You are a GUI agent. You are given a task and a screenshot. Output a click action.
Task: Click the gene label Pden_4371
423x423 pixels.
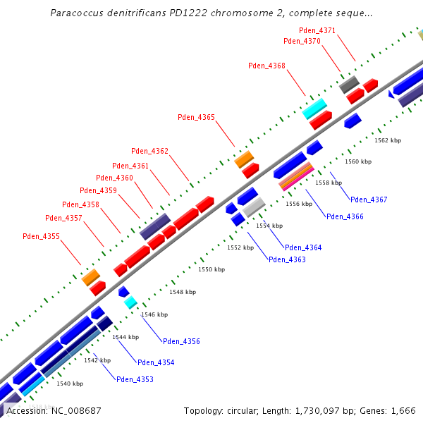pos(317,30)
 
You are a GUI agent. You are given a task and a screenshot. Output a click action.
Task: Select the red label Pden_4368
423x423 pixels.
pos(266,66)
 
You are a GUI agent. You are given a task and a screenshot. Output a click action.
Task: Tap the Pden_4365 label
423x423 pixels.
pos(196,117)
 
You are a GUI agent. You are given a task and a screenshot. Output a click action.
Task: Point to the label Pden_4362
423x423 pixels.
pos(149,151)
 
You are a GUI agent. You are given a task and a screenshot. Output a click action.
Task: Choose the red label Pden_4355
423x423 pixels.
pos(41,237)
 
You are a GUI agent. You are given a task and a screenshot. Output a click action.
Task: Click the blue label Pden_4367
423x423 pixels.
pos(369,200)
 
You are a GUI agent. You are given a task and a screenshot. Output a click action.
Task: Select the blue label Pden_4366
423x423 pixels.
pos(345,216)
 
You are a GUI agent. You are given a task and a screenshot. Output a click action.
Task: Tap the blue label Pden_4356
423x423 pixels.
pos(181,341)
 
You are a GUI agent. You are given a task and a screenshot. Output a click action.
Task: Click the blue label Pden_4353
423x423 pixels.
pos(135,379)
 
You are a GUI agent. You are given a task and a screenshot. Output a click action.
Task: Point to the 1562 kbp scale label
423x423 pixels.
pos(387,140)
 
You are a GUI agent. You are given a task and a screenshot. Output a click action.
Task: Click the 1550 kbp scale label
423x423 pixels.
pos(211,269)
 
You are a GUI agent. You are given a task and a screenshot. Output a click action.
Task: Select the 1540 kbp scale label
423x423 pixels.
pos(70,384)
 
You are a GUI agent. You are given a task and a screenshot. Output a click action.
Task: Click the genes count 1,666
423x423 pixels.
pos(402,410)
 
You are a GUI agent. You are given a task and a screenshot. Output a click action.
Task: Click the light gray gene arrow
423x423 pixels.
pos(254,207)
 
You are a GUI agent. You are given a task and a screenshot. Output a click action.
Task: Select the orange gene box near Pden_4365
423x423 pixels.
pos(244,159)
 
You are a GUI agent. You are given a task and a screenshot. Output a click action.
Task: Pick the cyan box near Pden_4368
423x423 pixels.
pos(315,109)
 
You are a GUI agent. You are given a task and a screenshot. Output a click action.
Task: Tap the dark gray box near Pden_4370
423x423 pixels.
pos(350,85)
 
